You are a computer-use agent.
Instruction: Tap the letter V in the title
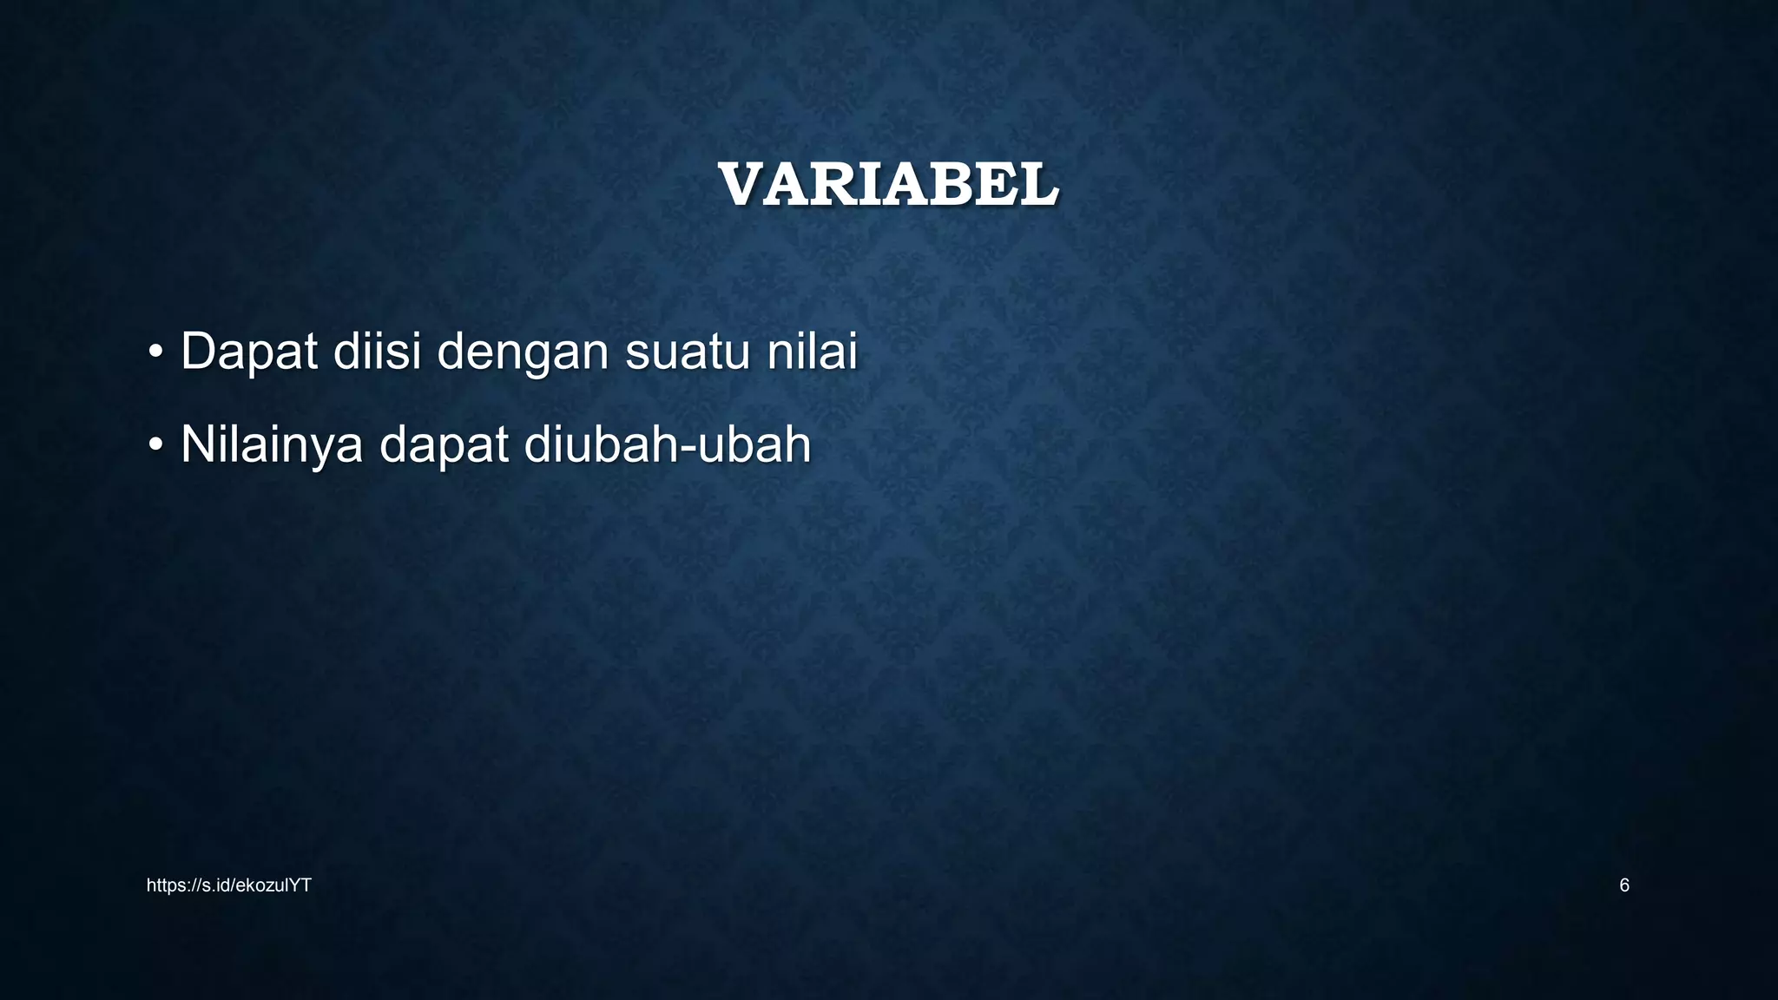[742, 186]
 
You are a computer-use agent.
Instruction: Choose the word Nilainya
[271, 445]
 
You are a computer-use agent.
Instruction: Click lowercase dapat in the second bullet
[443, 445]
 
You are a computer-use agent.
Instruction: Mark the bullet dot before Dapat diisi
[155, 352]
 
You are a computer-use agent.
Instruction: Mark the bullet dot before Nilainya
[155, 445]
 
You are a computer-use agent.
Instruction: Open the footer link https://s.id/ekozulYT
[228, 885]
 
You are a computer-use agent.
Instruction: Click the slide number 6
[1624, 885]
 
